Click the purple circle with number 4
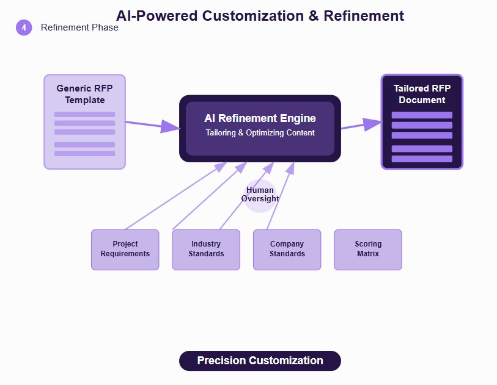(24, 27)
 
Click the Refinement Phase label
(79, 27)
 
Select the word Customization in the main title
(253, 16)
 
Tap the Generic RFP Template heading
(84, 94)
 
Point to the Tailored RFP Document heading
(422, 94)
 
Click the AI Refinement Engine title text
(260, 118)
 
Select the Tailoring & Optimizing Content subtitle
(260, 132)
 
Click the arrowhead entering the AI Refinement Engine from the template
(171, 126)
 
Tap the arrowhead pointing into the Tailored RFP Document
(373, 124)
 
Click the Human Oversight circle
(260, 196)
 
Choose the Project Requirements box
(125, 250)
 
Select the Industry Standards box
(206, 250)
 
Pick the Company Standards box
(287, 250)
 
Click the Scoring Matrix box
(368, 250)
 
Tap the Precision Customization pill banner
(260, 361)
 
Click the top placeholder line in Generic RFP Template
(84, 115)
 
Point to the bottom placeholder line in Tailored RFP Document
(422, 159)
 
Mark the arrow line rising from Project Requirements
(176, 196)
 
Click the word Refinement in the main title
(364, 16)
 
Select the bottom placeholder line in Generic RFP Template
(84, 153)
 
